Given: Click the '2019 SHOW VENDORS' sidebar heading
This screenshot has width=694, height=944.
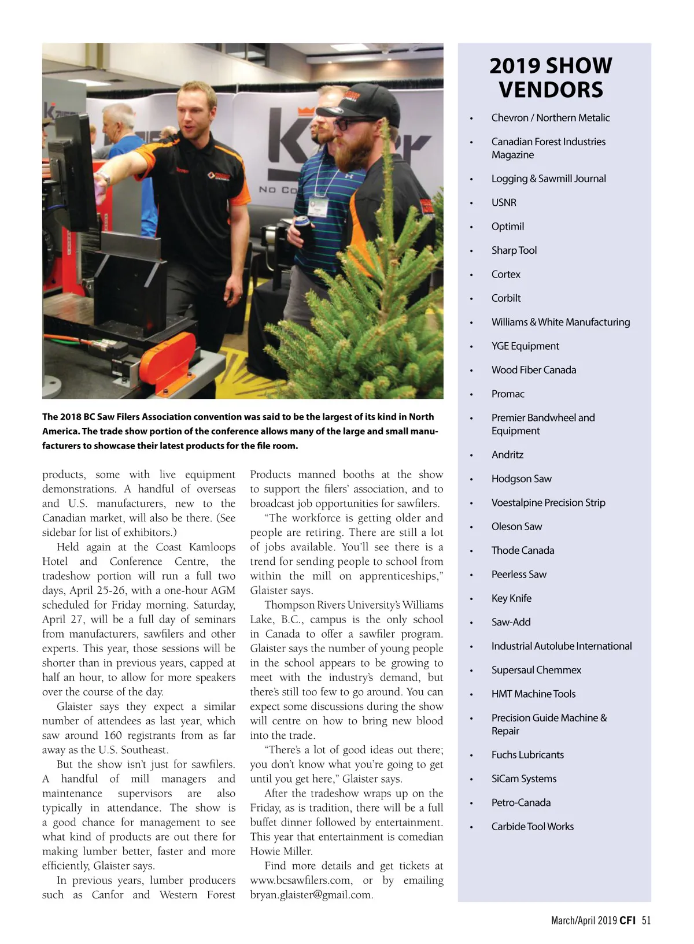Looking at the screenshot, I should [x=551, y=77].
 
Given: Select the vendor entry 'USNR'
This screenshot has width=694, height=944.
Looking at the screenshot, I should [x=504, y=202].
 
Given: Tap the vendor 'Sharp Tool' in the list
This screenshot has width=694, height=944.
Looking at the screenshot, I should [x=514, y=250].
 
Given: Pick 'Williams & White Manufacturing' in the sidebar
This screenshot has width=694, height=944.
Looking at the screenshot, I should [x=560, y=322].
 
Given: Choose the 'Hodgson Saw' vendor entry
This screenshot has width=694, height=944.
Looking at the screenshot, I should [x=521, y=479].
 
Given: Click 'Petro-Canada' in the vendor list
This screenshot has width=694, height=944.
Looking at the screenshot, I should [x=520, y=802].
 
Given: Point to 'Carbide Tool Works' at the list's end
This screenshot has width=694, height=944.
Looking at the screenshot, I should [x=532, y=827].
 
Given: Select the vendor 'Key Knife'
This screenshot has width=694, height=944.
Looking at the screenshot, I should [x=511, y=598].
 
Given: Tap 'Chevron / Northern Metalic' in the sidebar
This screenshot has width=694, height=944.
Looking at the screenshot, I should [x=550, y=118].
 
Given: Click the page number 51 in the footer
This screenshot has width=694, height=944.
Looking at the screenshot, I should [x=646, y=920].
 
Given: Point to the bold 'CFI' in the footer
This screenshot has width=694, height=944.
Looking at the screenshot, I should [x=627, y=920].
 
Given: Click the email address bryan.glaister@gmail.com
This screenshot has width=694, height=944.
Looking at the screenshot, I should [x=311, y=895].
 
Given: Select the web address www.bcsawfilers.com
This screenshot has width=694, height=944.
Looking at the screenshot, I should [x=301, y=880].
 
